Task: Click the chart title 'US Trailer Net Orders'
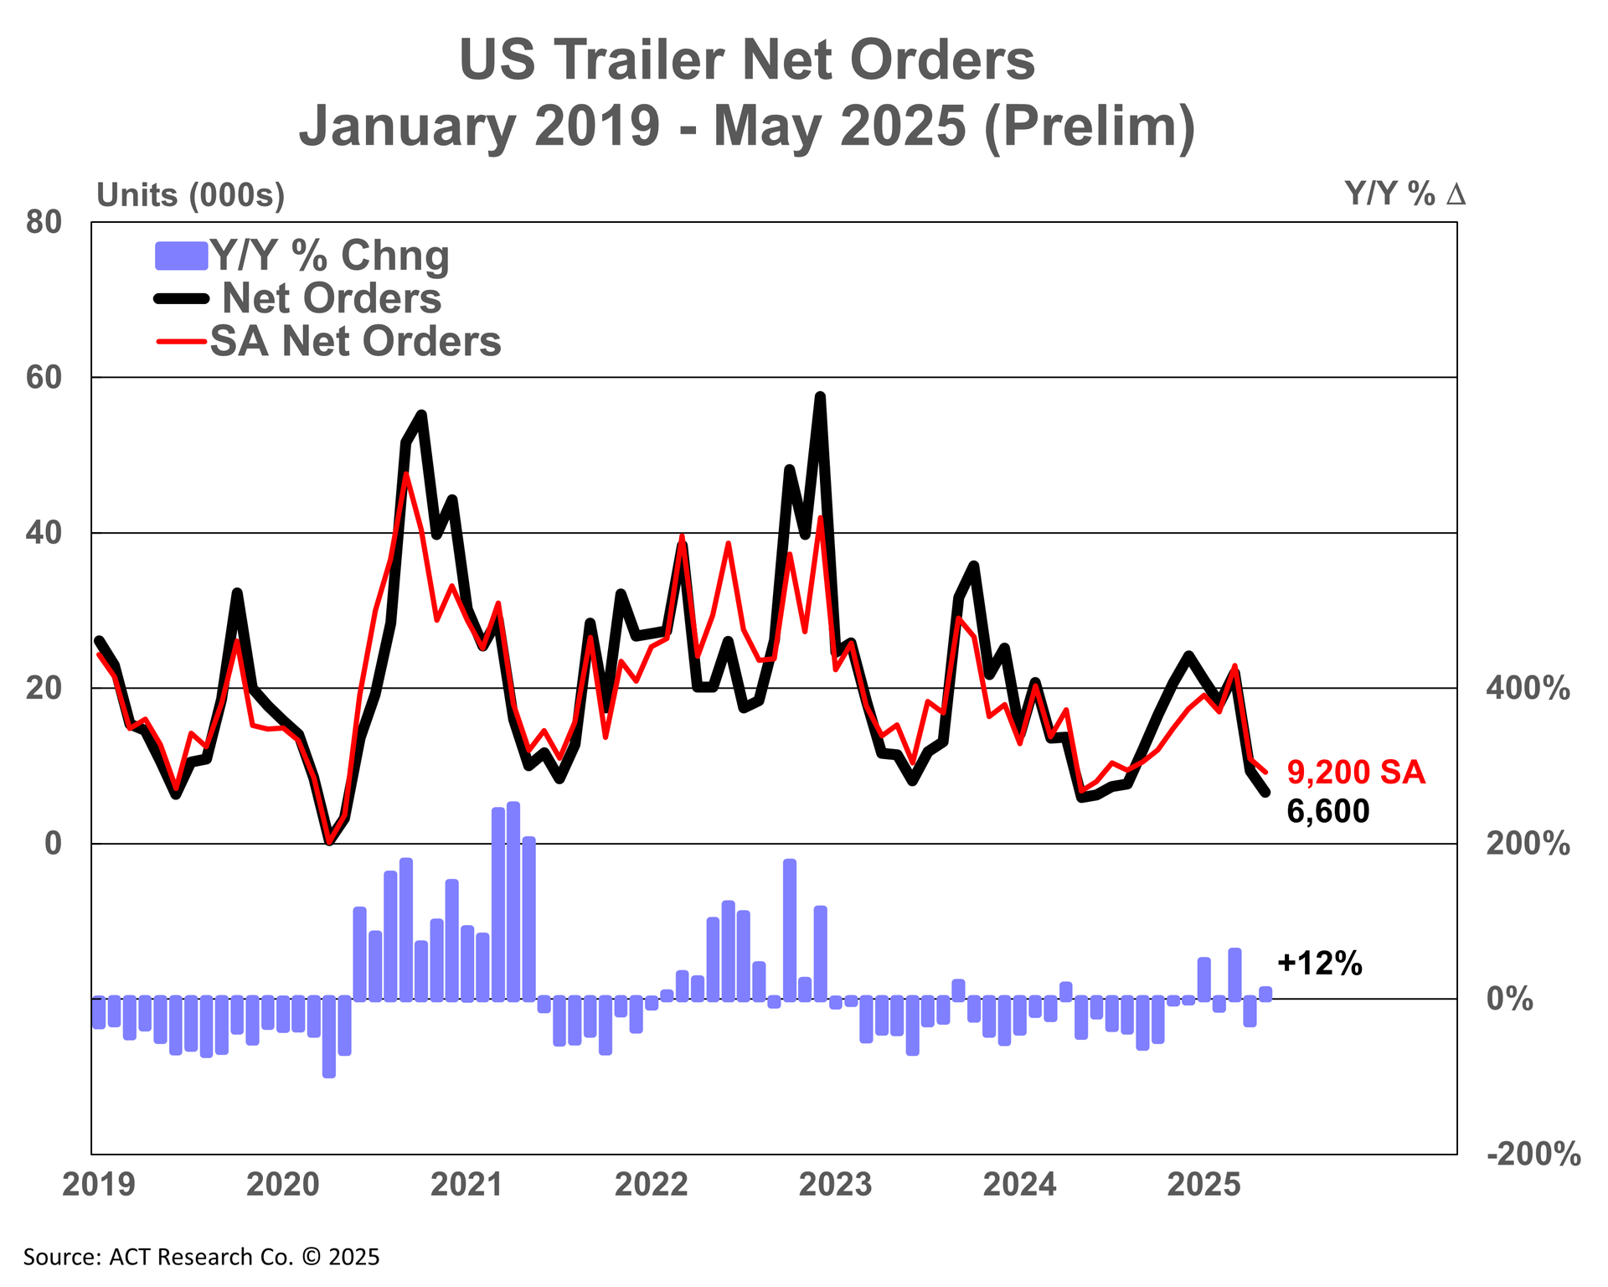pos(746,60)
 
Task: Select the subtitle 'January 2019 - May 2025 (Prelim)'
pos(746,126)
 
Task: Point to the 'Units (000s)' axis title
pos(191,195)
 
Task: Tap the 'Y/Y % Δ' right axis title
pos(1404,194)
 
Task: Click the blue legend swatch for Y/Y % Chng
pos(181,256)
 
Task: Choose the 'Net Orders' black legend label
pos(332,298)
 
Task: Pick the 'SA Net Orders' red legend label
pos(355,341)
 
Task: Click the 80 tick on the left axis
pos(44,223)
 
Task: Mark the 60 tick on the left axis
pos(44,378)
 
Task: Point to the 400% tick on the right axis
pos(1528,689)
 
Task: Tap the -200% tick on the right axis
pos(1533,1155)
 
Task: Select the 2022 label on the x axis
pos(651,1186)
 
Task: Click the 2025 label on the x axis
pos(1203,1186)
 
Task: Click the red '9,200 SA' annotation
pos(1355,773)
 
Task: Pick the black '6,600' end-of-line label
pos(1327,811)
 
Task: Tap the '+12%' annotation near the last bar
pos(1320,964)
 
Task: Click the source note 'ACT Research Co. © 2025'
pos(201,1257)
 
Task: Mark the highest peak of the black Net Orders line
pos(820,396)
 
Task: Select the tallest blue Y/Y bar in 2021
pos(513,902)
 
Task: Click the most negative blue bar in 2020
pos(329,1036)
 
